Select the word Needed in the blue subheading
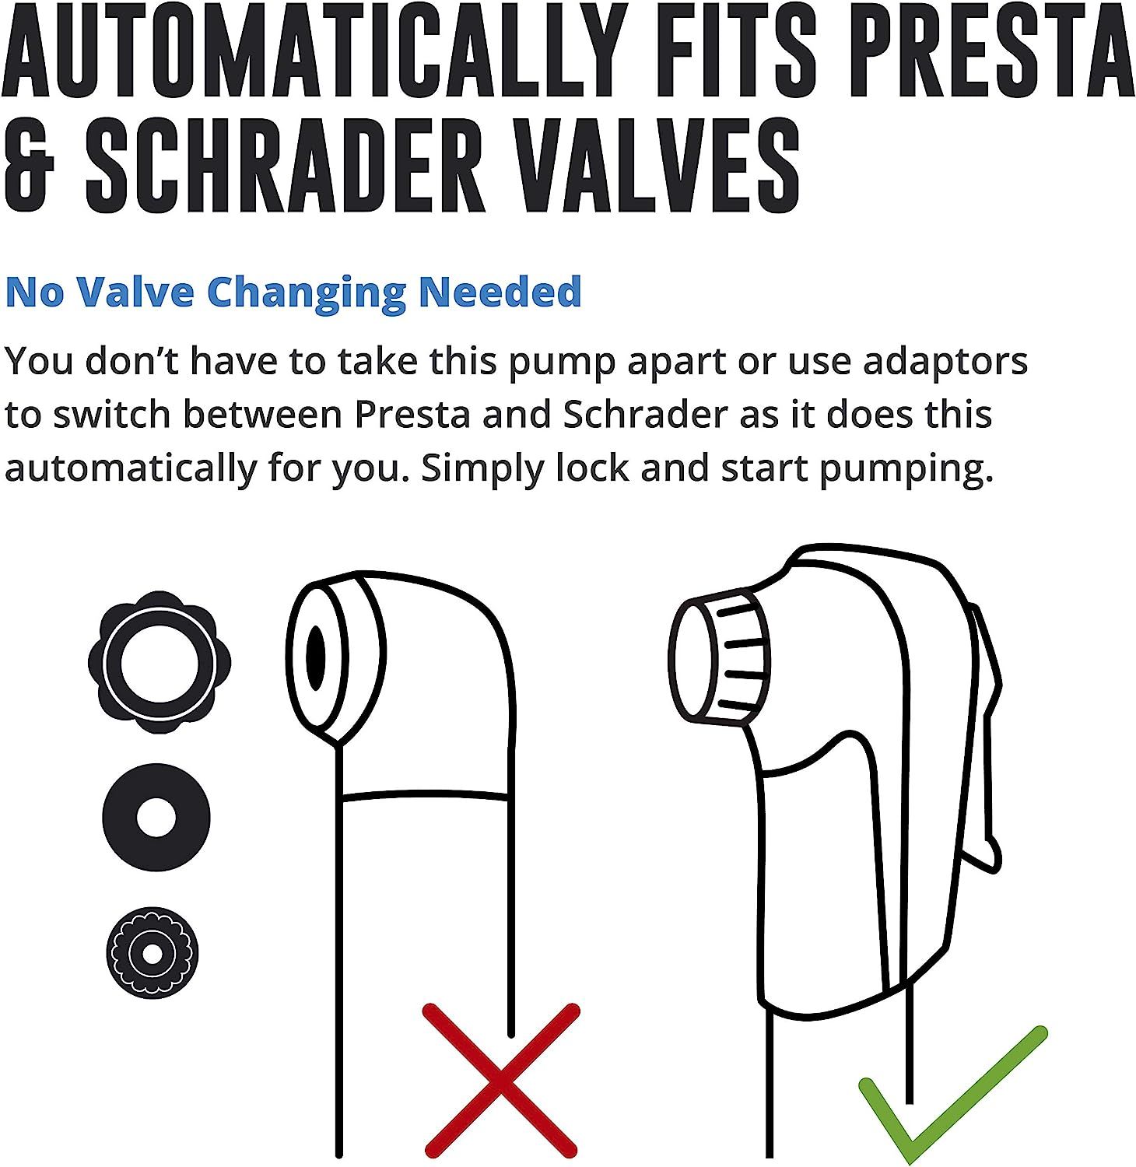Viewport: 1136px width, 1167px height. click(x=501, y=291)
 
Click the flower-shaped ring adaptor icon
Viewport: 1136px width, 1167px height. click(x=160, y=661)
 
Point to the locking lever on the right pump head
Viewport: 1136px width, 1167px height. click(x=982, y=739)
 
